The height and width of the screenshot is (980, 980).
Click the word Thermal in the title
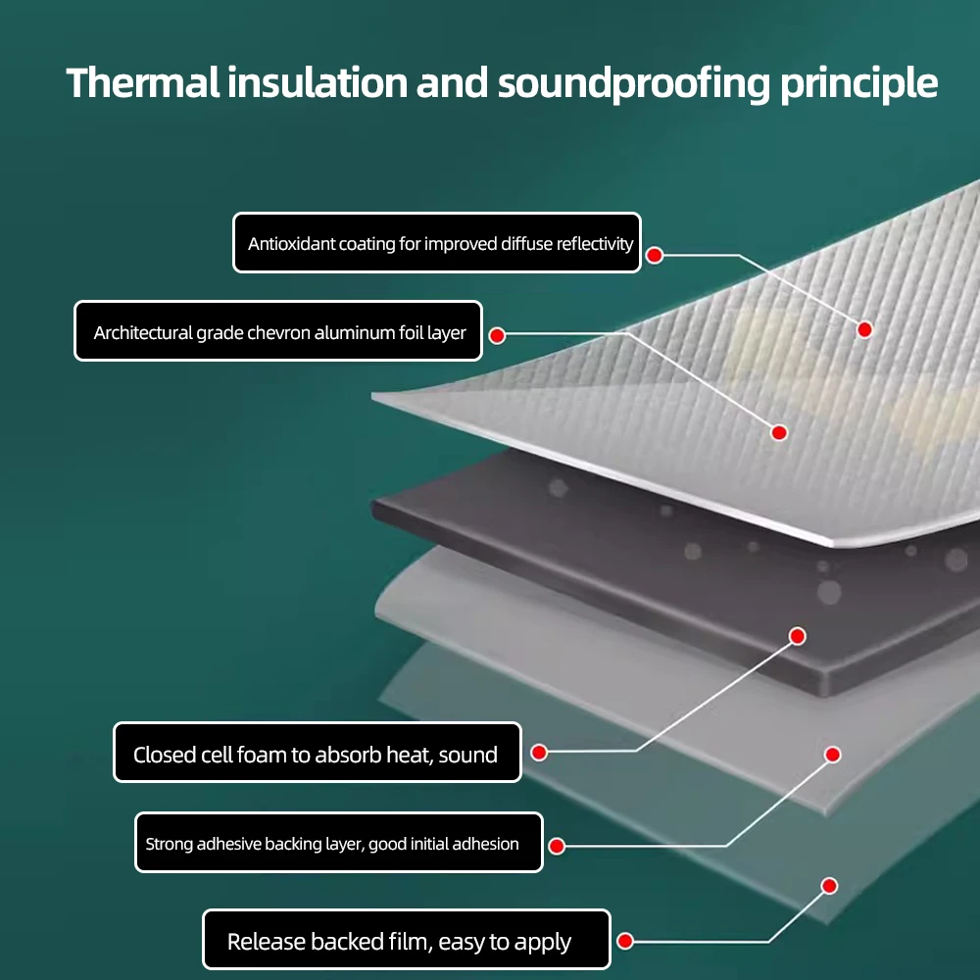143,82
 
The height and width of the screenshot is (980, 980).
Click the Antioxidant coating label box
437,243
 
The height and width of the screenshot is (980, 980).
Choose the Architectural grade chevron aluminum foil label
279,331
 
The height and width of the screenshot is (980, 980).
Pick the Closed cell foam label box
317,753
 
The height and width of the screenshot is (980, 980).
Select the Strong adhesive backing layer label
338,843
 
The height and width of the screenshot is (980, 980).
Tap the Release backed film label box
406,941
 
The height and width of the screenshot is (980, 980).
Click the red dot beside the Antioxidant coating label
655,255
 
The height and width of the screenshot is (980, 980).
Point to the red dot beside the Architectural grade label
497,335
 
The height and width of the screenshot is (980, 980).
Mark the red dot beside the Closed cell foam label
539,753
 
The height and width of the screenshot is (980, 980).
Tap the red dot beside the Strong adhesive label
557,845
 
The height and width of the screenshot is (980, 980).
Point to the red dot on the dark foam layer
798,636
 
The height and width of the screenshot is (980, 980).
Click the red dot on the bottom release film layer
829,886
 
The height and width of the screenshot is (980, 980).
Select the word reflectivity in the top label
595,244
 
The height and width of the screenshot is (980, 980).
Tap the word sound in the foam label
468,755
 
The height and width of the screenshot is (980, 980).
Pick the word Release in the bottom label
267,942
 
